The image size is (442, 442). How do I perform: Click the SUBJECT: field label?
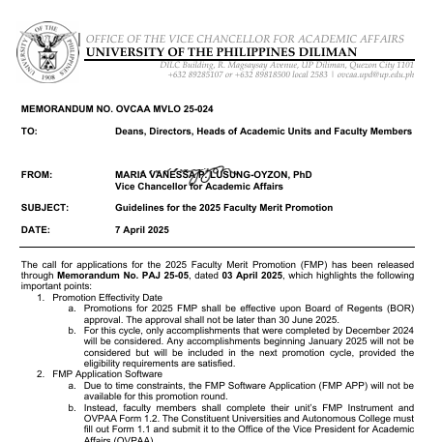point(44,207)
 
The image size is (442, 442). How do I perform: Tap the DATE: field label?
point(35,229)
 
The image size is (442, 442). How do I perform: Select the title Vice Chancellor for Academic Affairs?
point(188,186)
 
